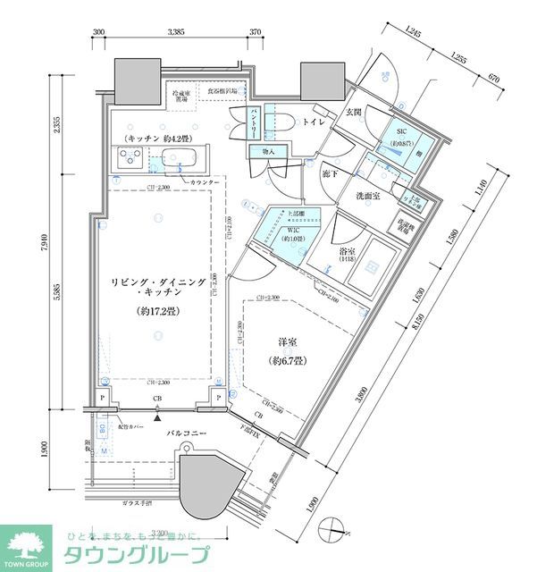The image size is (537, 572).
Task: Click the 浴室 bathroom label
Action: click(x=349, y=253)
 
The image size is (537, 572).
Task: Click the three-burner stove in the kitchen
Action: click(x=130, y=160)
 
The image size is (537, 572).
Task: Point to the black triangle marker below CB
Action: click(x=157, y=416)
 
